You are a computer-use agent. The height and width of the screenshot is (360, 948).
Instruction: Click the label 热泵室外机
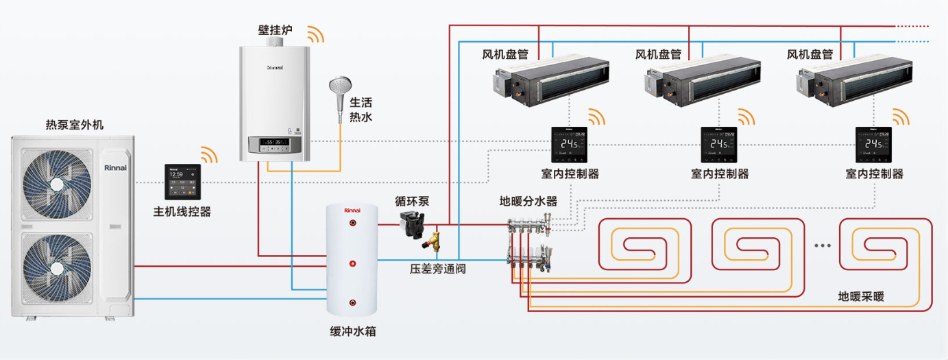tap(75, 125)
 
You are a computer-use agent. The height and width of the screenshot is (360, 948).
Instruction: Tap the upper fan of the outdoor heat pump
tap(56, 182)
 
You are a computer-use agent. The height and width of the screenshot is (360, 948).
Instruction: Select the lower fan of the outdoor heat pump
tap(56, 269)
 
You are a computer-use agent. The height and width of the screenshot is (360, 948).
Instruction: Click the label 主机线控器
tap(182, 212)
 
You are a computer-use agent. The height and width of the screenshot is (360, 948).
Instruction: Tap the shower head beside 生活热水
tap(341, 90)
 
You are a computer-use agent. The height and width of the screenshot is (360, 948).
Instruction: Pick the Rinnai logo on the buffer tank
tap(352, 209)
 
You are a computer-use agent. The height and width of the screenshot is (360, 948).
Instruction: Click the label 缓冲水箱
tap(352, 332)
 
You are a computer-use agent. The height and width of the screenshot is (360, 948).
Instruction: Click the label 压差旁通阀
tap(437, 269)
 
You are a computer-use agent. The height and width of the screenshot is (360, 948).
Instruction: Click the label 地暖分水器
tap(528, 202)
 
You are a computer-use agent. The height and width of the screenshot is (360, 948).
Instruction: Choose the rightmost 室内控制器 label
tap(874, 174)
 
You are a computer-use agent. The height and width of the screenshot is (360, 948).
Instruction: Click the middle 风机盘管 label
tap(658, 54)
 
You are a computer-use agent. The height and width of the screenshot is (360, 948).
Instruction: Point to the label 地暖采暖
tap(861, 297)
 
